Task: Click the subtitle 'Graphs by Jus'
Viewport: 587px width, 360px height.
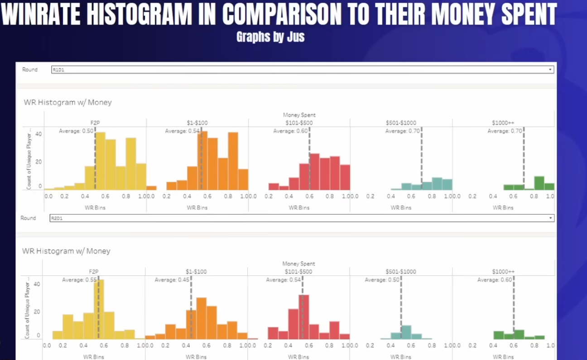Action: coord(270,37)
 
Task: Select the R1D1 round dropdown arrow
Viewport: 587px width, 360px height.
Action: coord(550,70)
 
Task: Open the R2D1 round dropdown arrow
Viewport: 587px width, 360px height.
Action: coord(550,218)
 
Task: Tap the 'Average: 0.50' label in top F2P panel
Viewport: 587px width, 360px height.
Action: coord(76,131)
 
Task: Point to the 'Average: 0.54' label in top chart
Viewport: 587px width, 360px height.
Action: coord(181,131)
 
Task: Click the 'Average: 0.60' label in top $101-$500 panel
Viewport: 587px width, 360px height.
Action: coord(290,131)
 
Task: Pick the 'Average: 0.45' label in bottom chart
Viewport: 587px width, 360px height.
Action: coord(172,280)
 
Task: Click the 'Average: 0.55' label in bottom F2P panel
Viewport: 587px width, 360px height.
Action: coord(79,280)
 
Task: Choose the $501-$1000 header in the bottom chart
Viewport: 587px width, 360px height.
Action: coord(401,272)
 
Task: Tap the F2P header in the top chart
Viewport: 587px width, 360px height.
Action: coord(95,123)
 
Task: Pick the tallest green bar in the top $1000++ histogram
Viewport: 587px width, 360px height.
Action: coord(539,183)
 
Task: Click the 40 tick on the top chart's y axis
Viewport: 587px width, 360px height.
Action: coord(38,134)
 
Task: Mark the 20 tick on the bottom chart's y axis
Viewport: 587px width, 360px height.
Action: coord(37,312)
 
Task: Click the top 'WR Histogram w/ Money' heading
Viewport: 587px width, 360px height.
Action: coord(68,102)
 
